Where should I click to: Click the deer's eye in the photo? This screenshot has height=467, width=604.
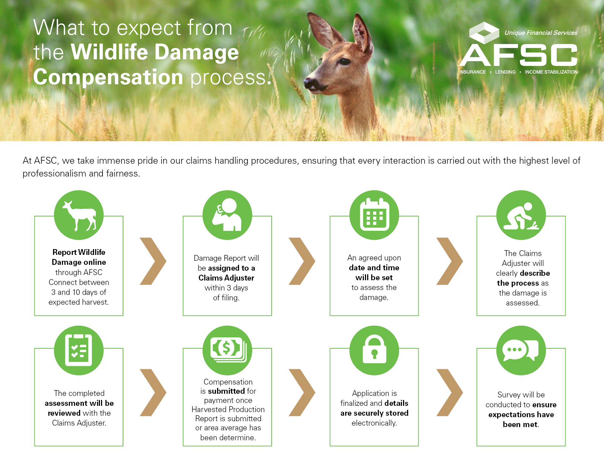344,61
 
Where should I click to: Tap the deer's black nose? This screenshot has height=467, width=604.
309,83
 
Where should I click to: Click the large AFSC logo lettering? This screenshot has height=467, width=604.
518,55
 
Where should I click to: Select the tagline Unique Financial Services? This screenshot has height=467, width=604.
541,33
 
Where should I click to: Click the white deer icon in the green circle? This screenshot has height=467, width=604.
79,216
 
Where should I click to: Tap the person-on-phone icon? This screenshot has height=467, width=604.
227,214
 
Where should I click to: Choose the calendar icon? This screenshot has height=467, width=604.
374,214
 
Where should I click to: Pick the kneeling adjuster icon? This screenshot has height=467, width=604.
521,216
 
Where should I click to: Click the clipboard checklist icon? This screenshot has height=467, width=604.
79,350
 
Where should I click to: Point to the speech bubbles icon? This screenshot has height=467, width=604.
520,350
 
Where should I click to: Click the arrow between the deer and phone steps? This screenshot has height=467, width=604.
153,261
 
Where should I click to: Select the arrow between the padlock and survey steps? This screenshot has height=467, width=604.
450,392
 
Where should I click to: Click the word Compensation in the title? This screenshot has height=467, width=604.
108,77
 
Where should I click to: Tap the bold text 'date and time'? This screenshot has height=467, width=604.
374,268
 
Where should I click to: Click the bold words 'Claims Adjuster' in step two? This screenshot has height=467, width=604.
226,278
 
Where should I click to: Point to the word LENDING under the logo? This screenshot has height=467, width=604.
505,72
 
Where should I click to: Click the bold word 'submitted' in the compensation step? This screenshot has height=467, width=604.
226,391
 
